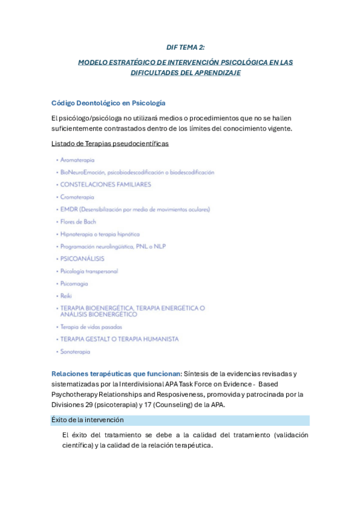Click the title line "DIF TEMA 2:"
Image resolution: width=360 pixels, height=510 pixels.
[186, 47]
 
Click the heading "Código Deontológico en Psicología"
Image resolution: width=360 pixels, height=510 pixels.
[108, 103]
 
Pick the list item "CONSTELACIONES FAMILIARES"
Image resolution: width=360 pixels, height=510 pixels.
[105, 185]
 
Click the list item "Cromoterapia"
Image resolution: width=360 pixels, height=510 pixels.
[77, 197]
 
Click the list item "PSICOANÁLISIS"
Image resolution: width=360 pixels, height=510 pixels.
[82, 259]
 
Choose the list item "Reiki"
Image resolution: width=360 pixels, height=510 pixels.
[66, 296]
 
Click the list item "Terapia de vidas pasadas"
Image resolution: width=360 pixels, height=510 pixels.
[91, 327]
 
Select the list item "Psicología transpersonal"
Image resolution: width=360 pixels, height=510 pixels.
[89, 271]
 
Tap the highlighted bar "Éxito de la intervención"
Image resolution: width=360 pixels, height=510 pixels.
[87, 420]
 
